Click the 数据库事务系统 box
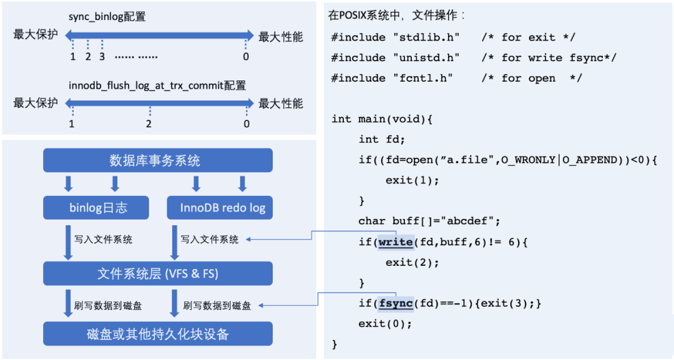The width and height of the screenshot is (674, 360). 157,161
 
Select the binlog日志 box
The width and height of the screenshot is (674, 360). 96,208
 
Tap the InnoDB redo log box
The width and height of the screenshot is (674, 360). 220,208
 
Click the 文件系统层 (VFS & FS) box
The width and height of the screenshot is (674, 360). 157,273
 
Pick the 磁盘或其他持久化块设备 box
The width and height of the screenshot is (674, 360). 157,334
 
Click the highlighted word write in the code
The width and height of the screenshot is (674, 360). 395,241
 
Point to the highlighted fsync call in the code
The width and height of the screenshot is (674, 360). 395,304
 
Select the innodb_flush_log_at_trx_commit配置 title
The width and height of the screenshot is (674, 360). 157,85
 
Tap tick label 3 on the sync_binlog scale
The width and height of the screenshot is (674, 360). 102,56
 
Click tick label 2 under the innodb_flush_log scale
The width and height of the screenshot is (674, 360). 149,124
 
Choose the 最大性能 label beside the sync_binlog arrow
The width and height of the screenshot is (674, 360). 281,36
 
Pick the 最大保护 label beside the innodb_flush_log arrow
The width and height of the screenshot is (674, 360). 36,103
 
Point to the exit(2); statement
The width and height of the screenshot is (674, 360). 412,263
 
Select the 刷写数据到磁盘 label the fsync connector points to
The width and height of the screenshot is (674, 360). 217,306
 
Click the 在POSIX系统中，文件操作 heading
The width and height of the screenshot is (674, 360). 396,14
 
